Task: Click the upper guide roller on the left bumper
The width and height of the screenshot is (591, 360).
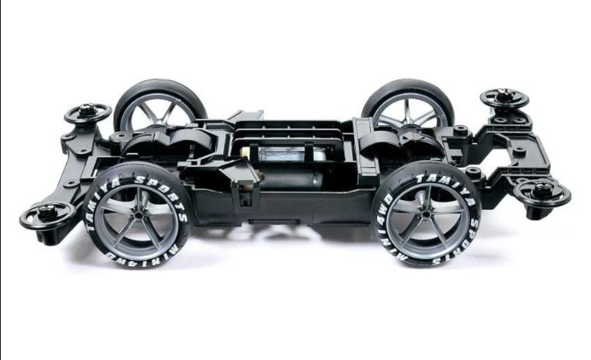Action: point(88,114)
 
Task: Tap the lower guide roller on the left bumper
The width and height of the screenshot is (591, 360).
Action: point(47,214)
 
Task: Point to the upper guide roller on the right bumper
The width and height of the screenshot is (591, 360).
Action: point(505,98)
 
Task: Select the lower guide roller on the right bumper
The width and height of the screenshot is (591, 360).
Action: point(543,192)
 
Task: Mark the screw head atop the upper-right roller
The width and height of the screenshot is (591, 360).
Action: point(505,95)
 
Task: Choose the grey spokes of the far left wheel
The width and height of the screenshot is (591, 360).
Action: point(146,115)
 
